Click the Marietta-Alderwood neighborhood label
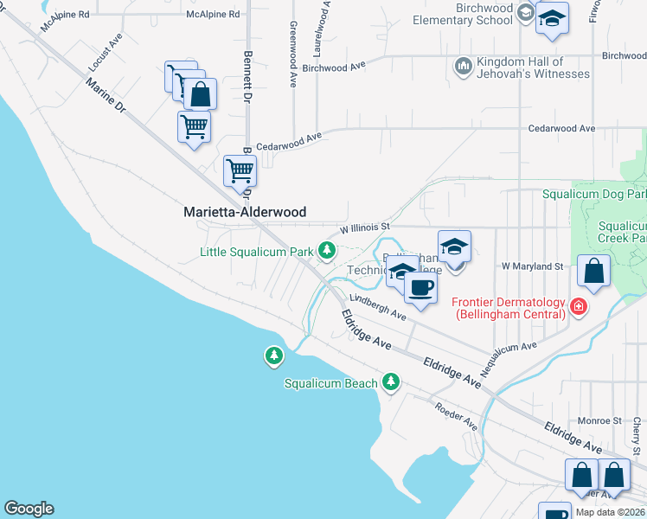tap(245, 212)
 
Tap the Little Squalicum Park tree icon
tap(326, 252)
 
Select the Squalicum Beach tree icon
tap(391, 381)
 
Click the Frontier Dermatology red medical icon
tap(578, 306)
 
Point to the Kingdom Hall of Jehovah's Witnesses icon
tap(463, 66)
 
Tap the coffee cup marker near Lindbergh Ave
tap(420, 286)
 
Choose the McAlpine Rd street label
tap(212, 15)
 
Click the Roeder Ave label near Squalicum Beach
tap(457, 416)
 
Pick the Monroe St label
tap(605, 421)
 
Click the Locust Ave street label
tap(105, 53)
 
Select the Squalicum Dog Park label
tap(593, 195)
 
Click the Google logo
tap(29, 509)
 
